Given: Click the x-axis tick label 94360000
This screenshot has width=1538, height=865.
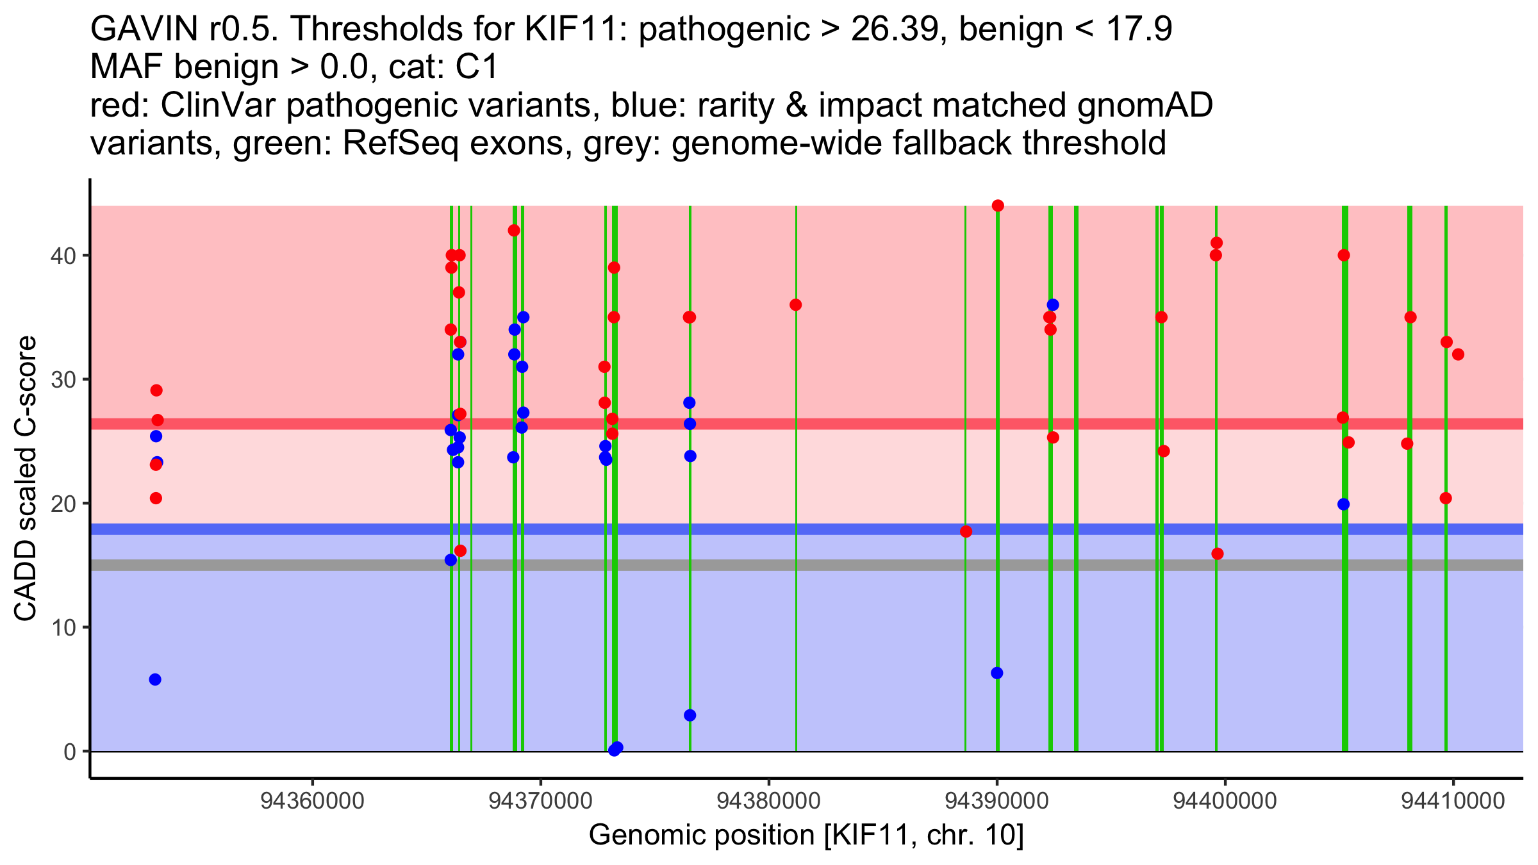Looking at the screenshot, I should [313, 801].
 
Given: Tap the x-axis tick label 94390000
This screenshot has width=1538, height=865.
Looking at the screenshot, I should [997, 801].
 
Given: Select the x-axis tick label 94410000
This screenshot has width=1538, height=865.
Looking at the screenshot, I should [1453, 801].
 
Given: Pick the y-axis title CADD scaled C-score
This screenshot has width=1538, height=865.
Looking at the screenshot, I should [26, 479].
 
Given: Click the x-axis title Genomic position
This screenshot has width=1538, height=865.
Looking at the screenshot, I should [806, 836].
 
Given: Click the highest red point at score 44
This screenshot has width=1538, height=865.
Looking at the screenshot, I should [998, 206].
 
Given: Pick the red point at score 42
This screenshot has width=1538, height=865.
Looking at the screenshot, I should [514, 231].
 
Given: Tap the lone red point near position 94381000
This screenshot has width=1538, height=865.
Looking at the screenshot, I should [796, 305].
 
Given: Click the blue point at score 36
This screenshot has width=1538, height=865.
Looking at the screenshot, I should [1053, 305].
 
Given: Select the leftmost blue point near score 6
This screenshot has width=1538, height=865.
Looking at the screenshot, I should [155, 680].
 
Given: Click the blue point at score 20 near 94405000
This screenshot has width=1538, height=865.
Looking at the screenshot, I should [1344, 504].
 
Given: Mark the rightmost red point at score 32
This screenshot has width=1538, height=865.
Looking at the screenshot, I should [1458, 354].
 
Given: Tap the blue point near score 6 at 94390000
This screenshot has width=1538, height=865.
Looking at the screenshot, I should [997, 673].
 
